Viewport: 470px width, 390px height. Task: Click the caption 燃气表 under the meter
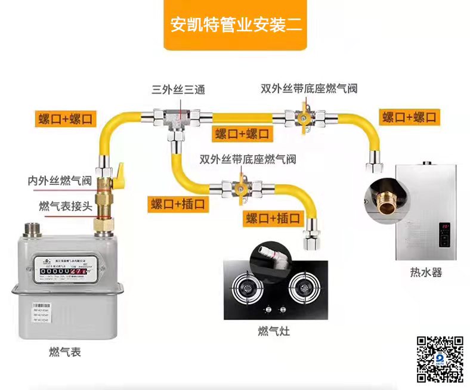tap(64, 352)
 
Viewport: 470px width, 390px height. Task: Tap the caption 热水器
tap(425, 273)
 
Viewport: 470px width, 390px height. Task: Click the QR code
tap(440, 359)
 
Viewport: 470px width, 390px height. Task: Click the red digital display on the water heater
tap(445, 227)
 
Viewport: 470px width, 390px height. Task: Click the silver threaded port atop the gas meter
tap(30, 230)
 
